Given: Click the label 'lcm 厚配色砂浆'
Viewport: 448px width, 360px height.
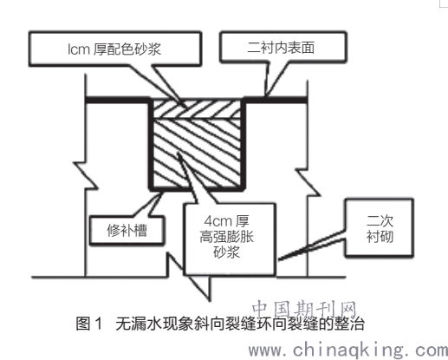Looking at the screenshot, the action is tap(114, 49).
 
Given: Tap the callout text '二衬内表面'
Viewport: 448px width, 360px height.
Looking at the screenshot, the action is tap(281, 48).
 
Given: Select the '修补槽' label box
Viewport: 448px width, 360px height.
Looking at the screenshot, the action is tap(127, 231).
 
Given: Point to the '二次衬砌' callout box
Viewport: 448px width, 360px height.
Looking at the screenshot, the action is tap(380, 228).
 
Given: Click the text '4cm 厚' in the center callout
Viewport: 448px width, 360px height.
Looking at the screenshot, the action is tap(226, 221).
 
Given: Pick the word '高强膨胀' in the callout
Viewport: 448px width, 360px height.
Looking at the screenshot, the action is tap(226, 237).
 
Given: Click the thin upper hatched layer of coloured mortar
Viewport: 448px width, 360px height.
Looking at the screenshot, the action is tap(197, 109).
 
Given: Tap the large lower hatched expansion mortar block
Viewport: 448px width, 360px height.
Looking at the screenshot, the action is tap(197, 153).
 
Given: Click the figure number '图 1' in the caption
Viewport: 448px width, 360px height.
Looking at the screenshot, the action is tap(89, 324).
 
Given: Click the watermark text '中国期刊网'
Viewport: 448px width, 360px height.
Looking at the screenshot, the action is tap(304, 309).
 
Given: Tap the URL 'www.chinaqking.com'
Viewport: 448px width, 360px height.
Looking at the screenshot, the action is tap(348, 350).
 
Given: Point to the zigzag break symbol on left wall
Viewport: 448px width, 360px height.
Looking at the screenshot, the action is tap(85, 176).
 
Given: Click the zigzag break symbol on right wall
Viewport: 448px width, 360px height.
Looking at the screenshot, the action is tap(308, 183).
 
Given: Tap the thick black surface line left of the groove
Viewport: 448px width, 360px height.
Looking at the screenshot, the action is tap(118, 100).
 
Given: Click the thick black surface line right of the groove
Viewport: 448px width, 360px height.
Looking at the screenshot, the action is tap(276, 100).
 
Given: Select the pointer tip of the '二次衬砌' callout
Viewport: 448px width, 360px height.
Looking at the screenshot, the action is tap(279, 259).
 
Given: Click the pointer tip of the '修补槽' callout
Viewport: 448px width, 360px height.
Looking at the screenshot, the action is tap(162, 193).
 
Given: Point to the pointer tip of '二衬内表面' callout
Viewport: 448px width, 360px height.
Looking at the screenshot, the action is tap(266, 95).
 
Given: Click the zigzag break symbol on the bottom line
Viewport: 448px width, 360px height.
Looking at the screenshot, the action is tap(189, 277).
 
